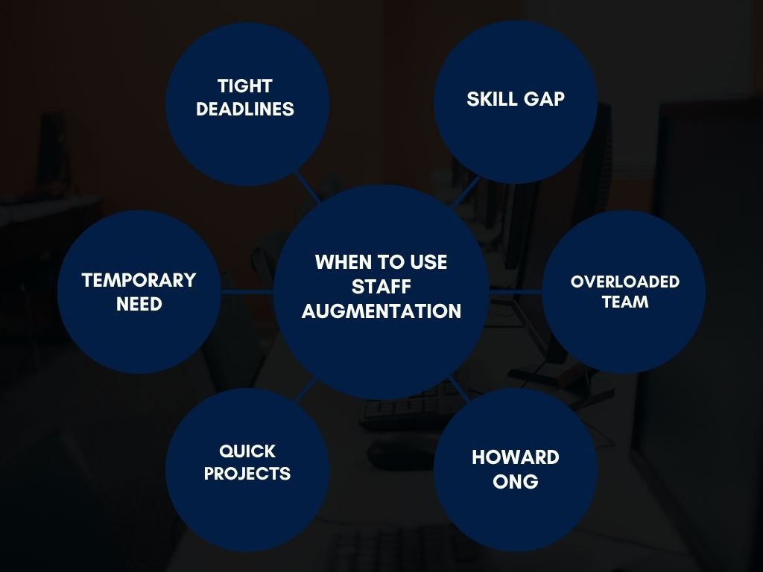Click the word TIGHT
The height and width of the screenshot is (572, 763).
click(x=245, y=86)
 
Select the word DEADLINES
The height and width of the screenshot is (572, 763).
click(x=245, y=109)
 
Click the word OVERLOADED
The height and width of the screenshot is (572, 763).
click(x=624, y=282)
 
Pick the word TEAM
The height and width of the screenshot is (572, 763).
click(x=624, y=302)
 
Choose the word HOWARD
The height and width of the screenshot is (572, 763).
click(x=516, y=457)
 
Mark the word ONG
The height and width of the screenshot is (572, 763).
click(x=516, y=481)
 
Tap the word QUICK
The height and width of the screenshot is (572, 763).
click(x=247, y=451)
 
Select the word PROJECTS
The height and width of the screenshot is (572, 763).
click(x=247, y=474)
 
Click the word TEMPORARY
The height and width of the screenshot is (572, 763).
click(x=139, y=280)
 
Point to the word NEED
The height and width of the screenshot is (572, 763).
click(x=139, y=304)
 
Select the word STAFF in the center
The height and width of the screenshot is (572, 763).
click(x=381, y=286)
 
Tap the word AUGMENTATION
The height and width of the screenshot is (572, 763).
click(x=381, y=311)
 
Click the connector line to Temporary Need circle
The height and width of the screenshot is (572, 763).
click(x=247, y=291)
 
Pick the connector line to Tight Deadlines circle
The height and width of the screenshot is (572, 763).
click(x=307, y=187)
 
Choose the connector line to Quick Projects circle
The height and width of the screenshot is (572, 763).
click(x=307, y=390)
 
